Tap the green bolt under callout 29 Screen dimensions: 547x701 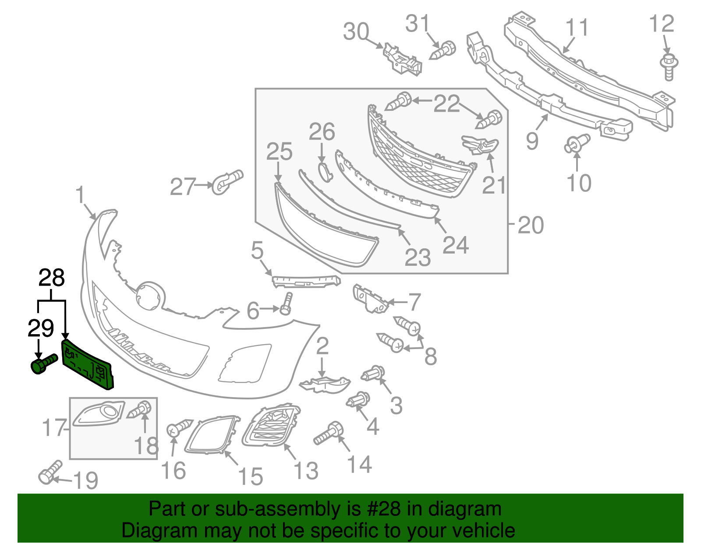click(x=42, y=364)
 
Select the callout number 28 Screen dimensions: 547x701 click(x=52, y=278)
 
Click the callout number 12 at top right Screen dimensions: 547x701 click(x=661, y=24)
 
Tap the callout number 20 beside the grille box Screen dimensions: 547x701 click(x=531, y=225)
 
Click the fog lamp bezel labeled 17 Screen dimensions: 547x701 click(x=99, y=413)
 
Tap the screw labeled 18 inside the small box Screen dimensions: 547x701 click(x=141, y=409)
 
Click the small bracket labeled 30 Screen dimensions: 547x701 click(x=402, y=59)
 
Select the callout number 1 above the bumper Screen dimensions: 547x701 click(x=80, y=195)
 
